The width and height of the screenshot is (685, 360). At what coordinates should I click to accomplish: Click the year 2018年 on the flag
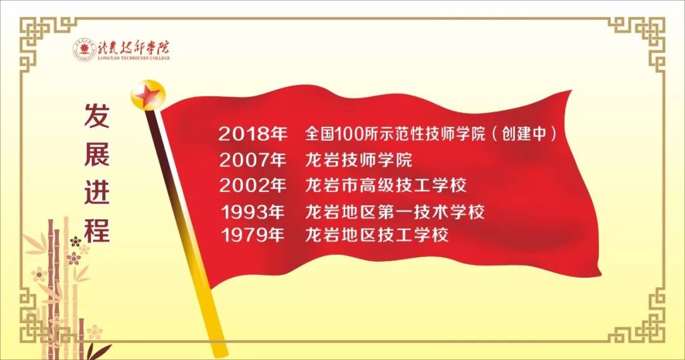253,134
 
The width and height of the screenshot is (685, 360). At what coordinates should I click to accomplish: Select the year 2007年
253,160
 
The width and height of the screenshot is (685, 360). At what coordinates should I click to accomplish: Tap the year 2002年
253,186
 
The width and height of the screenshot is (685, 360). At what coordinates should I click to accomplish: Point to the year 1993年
253,212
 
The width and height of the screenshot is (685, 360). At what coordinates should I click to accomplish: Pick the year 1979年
253,235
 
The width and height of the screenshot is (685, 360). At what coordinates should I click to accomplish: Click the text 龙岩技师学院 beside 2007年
358,160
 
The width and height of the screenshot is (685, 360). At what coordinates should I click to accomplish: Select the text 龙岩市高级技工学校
386,185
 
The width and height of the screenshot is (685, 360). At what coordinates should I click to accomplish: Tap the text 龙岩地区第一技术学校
395,212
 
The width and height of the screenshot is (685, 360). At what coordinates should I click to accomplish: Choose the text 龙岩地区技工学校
377,235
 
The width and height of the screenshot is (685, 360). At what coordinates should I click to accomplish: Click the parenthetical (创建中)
525,134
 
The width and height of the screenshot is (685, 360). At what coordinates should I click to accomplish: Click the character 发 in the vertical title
97,115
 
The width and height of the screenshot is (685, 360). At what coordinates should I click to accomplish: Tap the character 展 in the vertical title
97,153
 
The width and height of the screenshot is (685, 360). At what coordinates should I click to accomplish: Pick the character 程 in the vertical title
97,229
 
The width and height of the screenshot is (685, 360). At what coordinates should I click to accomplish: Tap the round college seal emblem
84,49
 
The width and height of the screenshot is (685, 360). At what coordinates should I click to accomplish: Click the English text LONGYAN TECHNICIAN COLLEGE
134,58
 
